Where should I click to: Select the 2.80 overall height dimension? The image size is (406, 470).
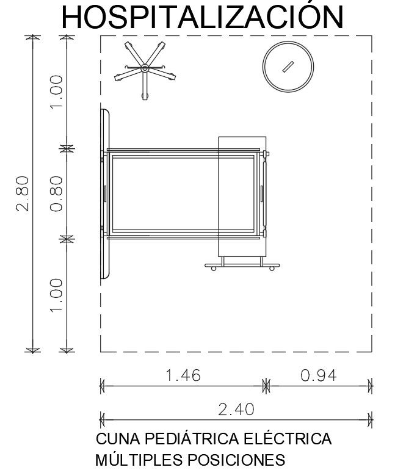click(23, 194)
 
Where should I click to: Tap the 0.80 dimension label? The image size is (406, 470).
click(56, 194)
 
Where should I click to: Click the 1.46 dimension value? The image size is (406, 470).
click(183, 375)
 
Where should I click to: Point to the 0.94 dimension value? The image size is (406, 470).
click(319, 375)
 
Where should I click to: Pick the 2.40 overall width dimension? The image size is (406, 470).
click(236, 409)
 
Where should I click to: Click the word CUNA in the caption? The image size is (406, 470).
click(118, 439)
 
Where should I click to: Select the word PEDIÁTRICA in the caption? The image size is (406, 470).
click(192, 438)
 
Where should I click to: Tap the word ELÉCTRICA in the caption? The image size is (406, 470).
click(288, 438)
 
